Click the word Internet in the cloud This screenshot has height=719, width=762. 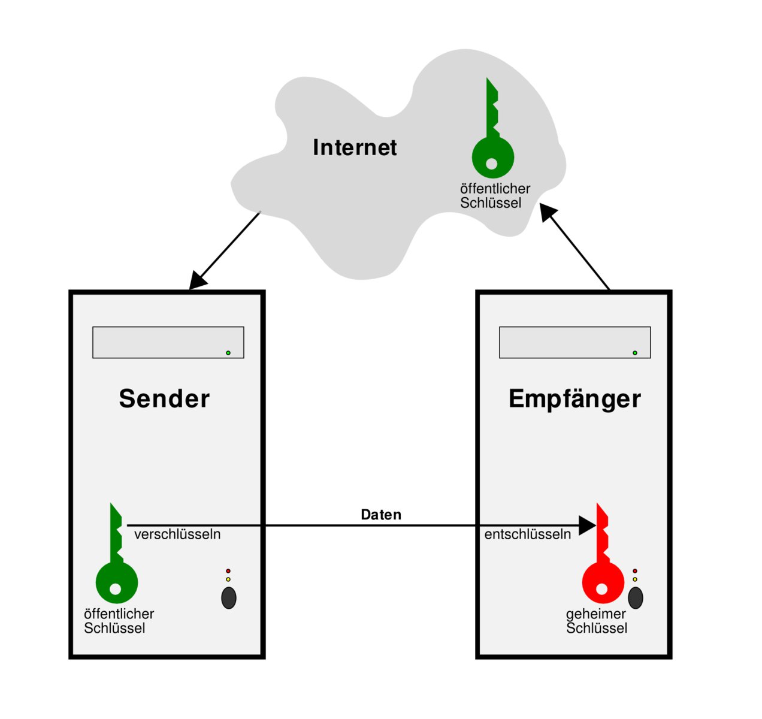(355, 147)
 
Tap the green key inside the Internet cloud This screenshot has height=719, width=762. (492, 144)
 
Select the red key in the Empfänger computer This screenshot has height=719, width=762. (602, 569)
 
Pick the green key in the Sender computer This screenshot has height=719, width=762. (116, 569)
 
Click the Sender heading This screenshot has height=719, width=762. (164, 398)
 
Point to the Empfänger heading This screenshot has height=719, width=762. (574, 399)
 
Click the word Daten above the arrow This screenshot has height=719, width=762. (381, 515)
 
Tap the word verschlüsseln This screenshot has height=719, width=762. (177, 534)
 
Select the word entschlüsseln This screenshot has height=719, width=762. (527, 534)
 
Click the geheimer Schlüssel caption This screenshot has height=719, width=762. (596, 621)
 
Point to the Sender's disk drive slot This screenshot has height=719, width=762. (168, 342)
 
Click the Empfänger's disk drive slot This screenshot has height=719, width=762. (574, 342)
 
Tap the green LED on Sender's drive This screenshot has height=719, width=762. (228, 353)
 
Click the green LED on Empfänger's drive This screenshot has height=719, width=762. (635, 353)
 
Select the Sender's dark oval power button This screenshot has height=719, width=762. (229, 598)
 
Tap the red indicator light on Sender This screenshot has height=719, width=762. (228, 571)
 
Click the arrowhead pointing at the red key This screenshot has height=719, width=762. (587, 525)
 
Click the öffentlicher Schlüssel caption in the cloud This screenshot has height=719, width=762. (494, 196)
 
